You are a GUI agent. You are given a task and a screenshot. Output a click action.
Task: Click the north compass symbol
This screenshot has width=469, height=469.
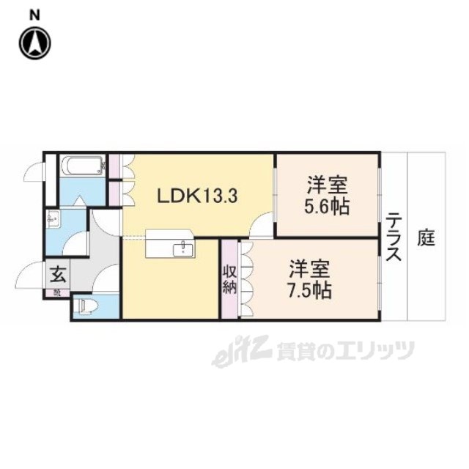(34, 43)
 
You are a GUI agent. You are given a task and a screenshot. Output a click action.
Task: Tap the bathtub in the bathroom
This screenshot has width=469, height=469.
(82, 166)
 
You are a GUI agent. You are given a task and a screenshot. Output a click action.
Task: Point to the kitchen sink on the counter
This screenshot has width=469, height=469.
(181, 250)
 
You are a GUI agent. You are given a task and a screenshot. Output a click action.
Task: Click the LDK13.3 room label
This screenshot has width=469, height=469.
(199, 196)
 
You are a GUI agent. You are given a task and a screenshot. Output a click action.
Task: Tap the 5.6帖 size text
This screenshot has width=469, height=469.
(327, 205)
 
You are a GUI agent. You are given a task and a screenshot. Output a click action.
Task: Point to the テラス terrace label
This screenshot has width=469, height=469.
(394, 236)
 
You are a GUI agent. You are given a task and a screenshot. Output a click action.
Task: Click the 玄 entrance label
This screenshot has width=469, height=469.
(56, 276)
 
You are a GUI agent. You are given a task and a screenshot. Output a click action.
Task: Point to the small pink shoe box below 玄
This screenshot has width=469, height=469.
(56, 292)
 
